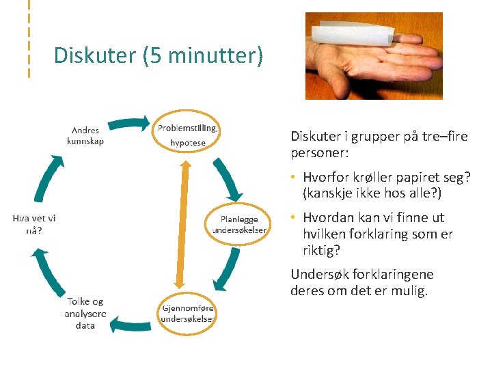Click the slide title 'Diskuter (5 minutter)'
(158, 55)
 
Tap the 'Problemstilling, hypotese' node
(188, 135)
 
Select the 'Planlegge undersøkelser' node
(238, 224)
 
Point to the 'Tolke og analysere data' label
(85, 313)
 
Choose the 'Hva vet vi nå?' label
(33, 224)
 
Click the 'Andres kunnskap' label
(85, 135)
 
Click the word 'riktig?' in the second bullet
(321, 251)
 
